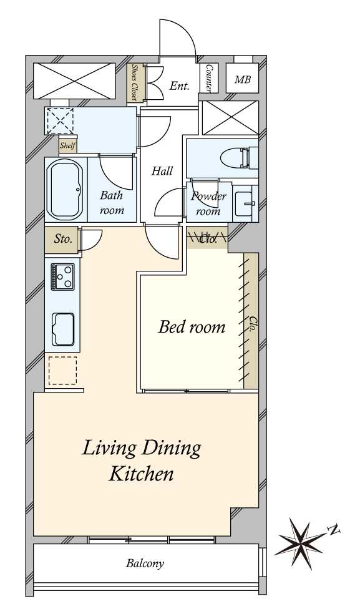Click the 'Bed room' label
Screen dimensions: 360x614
pos(192,327)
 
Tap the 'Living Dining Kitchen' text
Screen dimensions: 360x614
pos(142,460)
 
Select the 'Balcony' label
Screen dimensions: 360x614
pos(145,563)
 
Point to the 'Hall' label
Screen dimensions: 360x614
pos(162,171)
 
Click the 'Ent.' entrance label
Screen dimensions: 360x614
pos(180,85)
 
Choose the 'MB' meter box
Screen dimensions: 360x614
pos(243,79)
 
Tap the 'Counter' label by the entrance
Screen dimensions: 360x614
pos(208,79)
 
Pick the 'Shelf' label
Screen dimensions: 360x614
pos(67,146)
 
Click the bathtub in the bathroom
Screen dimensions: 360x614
pos(65,191)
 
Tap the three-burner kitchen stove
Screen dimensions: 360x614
pos(62,276)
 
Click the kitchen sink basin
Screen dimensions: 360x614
pos(63,329)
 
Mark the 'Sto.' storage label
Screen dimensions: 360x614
pos(63,239)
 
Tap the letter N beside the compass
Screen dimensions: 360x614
pos(334,530)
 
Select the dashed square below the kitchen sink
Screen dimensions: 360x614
pos(62,371)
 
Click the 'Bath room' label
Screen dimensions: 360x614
pos(112,202)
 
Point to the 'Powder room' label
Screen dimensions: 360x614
pos(208,203)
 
